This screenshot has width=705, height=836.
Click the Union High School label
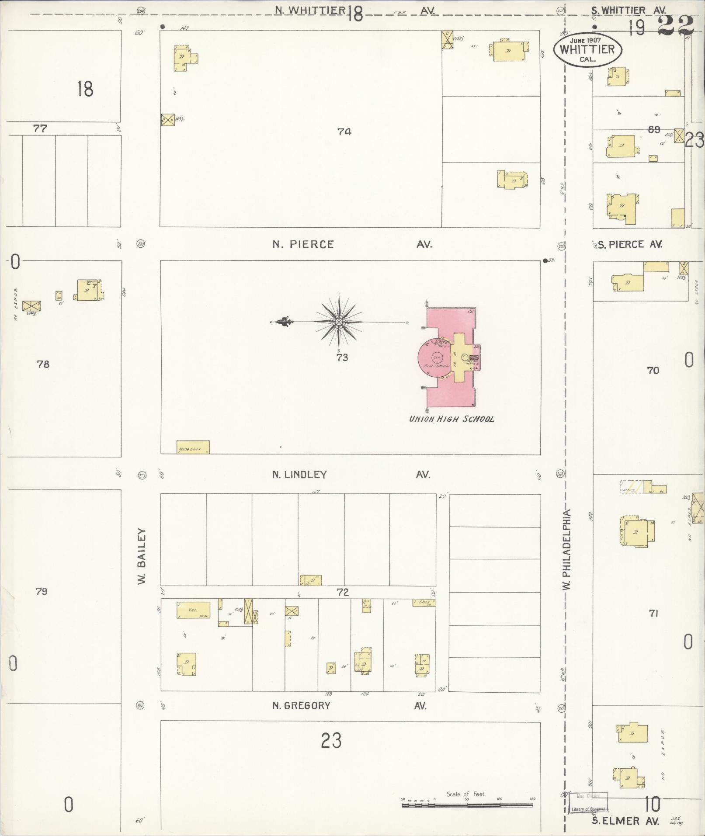(451, 419)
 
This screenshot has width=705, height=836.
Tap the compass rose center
(339, 322)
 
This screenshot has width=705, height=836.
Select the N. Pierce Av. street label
(352, 244)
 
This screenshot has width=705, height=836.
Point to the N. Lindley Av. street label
(352, 475)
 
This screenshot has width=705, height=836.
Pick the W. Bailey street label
(141, 556)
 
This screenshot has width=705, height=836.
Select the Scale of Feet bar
(468, 804)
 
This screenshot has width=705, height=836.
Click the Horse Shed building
(193, 447)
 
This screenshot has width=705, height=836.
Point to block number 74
(344, 131)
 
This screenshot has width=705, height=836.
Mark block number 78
(43, 364)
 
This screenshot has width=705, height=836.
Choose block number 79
(42, 591)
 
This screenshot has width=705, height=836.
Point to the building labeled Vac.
(193, 610)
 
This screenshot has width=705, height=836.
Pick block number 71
(653, 614)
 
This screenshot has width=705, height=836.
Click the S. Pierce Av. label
(630, 245)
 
